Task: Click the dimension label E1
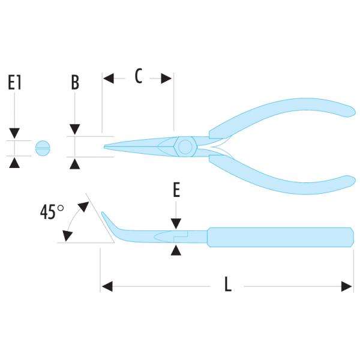[15, 82]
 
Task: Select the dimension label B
[75, 82]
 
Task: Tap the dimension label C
[138, 77]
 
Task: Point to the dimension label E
[176, 190]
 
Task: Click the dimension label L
[227, 286]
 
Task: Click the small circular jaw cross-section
[42, 147]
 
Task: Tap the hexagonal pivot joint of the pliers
[184, 146]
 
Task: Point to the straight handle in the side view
[279, 237]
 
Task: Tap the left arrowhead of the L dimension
[106, 286]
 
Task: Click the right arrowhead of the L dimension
[347, 286]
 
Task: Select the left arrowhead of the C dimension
[108, 77]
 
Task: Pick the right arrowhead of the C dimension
[167, 77]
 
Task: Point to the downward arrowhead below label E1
[15, 133]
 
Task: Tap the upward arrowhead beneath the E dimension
[175, 249]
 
